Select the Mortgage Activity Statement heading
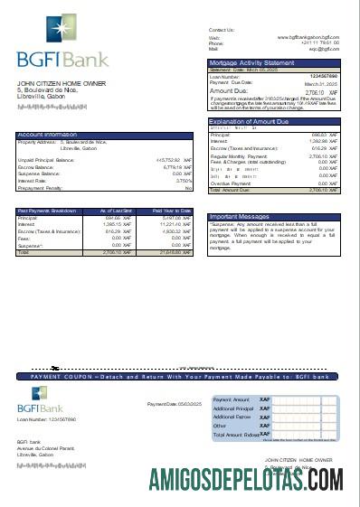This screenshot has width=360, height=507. (251, 62)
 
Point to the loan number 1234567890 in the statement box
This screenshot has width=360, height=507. (323, 76)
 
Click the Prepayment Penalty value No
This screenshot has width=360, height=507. (188, 187)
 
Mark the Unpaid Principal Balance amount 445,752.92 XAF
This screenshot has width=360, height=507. (173, 160)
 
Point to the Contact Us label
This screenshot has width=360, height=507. (221, 30)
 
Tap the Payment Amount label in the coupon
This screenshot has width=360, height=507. (231, 399)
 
